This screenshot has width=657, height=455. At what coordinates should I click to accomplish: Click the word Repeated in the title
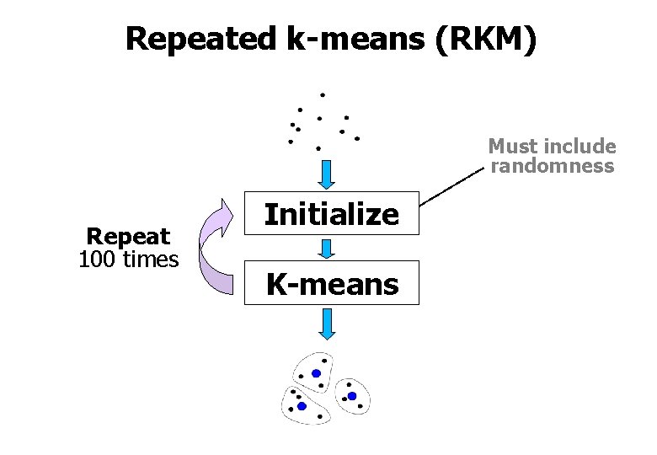200,39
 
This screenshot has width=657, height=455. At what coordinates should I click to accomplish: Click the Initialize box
332,215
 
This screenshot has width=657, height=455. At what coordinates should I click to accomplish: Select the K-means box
332,284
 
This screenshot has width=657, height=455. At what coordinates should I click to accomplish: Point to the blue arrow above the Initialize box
327,174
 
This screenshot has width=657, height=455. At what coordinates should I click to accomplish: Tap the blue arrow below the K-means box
327,324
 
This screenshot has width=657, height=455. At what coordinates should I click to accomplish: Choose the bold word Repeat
128,237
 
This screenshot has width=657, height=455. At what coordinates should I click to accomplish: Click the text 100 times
128,260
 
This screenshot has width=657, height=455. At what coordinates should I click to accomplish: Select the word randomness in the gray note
552,166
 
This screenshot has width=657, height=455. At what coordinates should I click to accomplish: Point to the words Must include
552,147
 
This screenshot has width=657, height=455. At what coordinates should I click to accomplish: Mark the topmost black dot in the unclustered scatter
322,94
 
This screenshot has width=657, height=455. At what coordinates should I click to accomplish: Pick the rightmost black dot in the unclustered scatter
357,138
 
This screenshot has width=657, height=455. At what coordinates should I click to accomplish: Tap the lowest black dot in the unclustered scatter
318,148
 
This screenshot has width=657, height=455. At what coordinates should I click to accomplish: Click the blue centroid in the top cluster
316,373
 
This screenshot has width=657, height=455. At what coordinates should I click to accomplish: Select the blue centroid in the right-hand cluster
352,396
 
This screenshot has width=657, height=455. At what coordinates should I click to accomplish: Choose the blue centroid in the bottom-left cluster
302,406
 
